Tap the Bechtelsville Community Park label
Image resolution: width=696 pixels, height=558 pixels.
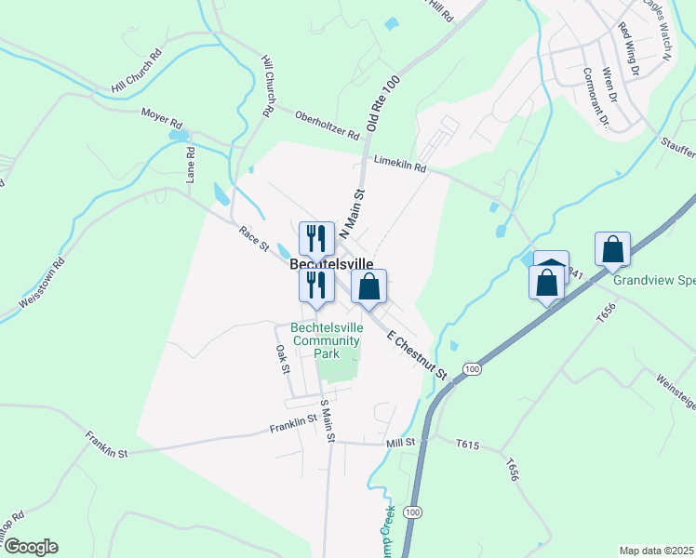[x=326, y=340]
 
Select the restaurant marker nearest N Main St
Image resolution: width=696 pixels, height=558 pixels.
[x=316, y=239]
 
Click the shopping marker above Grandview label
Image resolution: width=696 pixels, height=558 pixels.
[x=613, y=249]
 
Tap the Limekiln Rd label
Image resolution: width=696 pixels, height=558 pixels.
[x=399, y=164]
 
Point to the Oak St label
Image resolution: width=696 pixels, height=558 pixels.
[x=283, y=359]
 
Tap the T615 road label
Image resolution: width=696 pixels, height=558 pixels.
[x=469, y=445]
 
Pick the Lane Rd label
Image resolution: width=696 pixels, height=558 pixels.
[x=190, y=165]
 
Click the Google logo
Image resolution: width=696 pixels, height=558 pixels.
[x=30, y=547]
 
